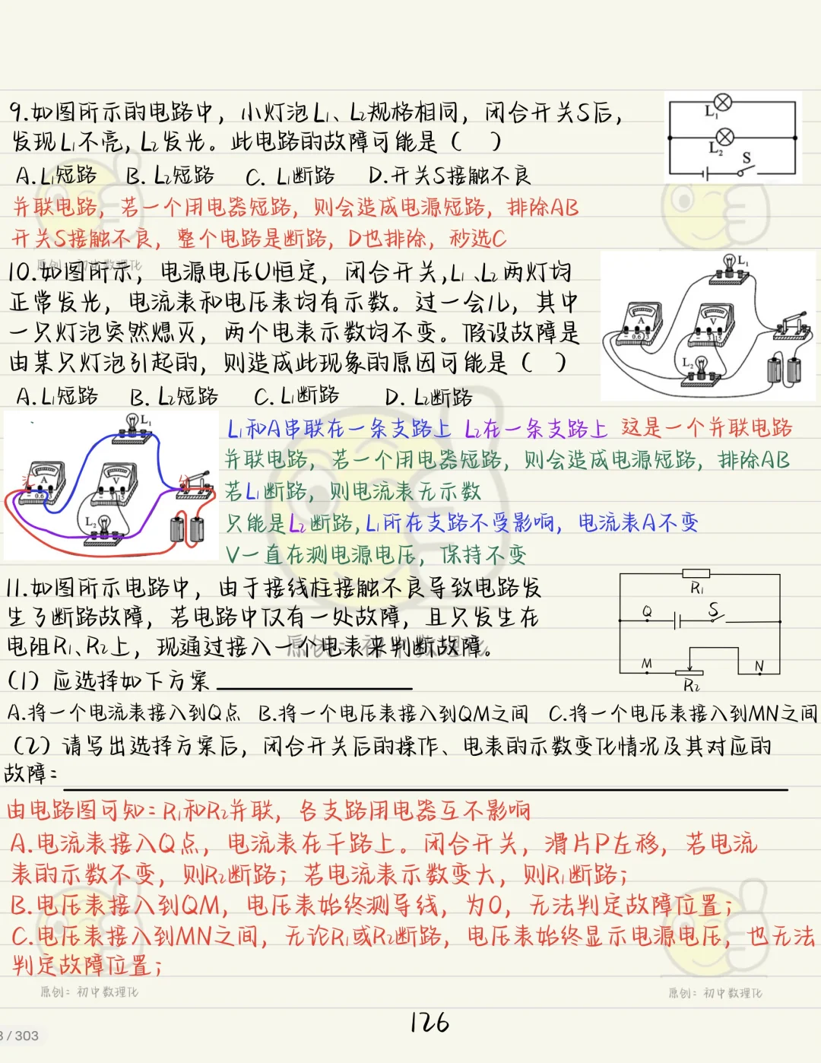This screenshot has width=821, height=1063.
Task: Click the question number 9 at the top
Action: (18, 113)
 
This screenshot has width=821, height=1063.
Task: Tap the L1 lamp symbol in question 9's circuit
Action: (723, 103)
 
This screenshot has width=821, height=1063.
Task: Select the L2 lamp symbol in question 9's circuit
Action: (725, 137)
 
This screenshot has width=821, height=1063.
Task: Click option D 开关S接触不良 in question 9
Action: (449, 176)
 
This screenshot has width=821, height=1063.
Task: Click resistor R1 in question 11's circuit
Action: (696, 574)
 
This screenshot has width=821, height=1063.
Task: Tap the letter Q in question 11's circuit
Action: (647, 612)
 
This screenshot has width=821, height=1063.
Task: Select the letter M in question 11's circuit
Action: (646, 664)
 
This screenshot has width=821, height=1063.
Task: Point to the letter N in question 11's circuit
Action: (759, 666)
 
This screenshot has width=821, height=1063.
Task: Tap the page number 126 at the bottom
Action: (430, 1023)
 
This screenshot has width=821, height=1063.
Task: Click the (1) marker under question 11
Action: (23, 681)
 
